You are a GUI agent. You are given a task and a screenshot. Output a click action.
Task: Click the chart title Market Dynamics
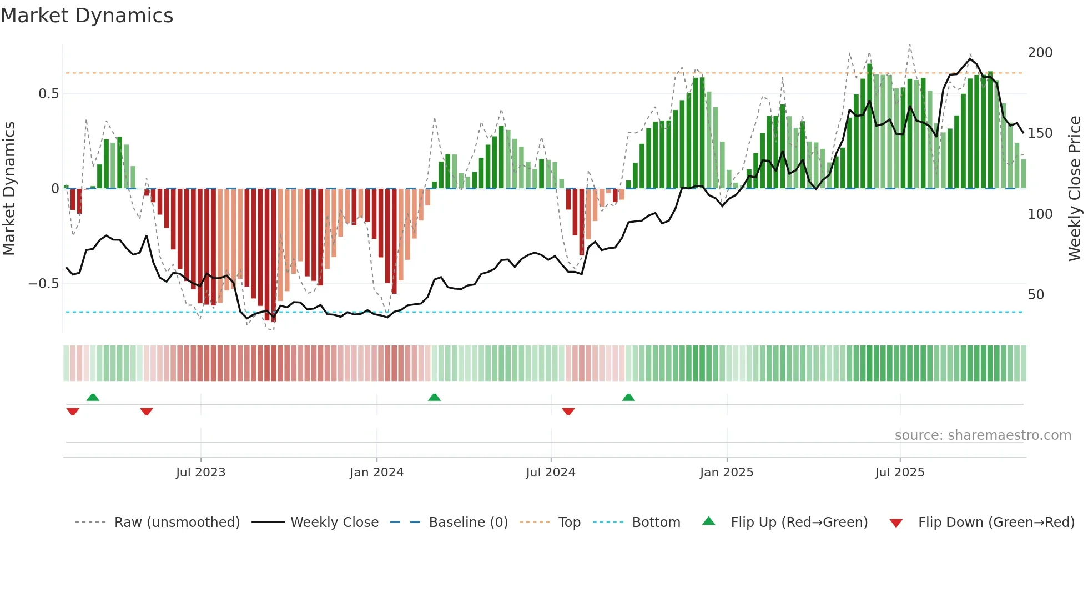point(87,16)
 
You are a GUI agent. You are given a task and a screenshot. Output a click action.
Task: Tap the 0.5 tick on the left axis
point(48,94)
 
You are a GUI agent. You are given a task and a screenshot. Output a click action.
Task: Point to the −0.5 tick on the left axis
point(44,284)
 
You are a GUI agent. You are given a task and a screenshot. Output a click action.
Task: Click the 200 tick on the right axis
point(1040,53)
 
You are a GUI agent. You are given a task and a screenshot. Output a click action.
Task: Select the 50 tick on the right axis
point(1036,295)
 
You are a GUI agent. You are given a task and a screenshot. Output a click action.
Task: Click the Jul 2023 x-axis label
point(200,473)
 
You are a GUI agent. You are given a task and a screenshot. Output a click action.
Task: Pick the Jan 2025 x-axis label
point(726,473)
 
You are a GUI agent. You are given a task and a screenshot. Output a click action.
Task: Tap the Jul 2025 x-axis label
point(899,473)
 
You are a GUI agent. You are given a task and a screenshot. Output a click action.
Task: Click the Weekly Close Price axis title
point(1075,189)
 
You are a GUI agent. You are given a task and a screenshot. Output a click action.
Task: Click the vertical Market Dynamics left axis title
point(9,189)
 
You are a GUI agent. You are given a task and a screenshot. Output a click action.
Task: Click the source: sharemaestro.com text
point(983,435)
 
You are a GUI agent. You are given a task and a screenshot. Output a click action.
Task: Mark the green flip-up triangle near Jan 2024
point(434,398)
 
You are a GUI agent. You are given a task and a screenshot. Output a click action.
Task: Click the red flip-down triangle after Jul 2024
point(568,412)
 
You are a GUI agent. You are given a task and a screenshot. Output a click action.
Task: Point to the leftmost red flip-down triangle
point(73,412)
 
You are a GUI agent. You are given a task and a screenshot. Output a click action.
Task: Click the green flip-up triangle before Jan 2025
point(628,398)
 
